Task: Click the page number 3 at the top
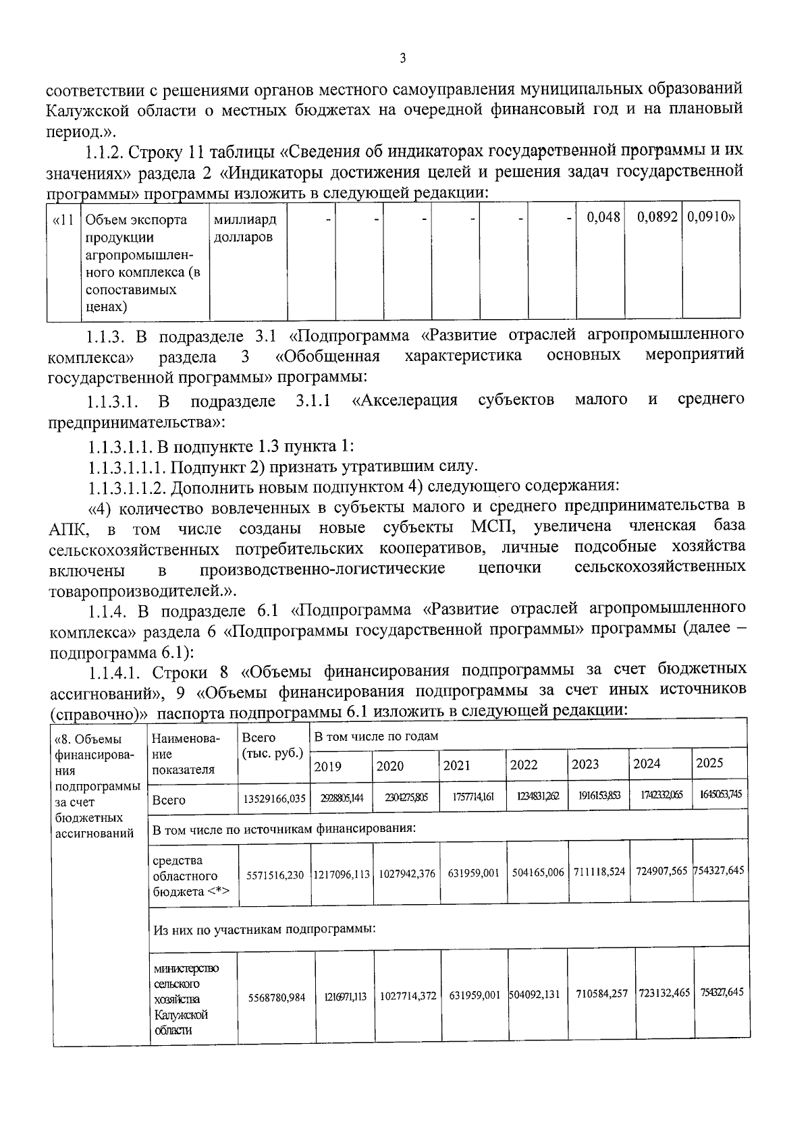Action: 402,59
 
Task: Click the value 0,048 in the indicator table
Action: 603,219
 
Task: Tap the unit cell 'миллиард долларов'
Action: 244,228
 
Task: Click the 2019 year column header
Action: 328,766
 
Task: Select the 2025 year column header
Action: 709,763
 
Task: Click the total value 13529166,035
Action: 274,800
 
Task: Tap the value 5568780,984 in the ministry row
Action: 277,997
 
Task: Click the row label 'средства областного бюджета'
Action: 191,876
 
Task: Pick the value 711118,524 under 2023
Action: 599,872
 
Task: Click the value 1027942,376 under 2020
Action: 407,874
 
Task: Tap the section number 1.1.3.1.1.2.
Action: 126,486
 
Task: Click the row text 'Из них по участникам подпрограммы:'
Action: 264,929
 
